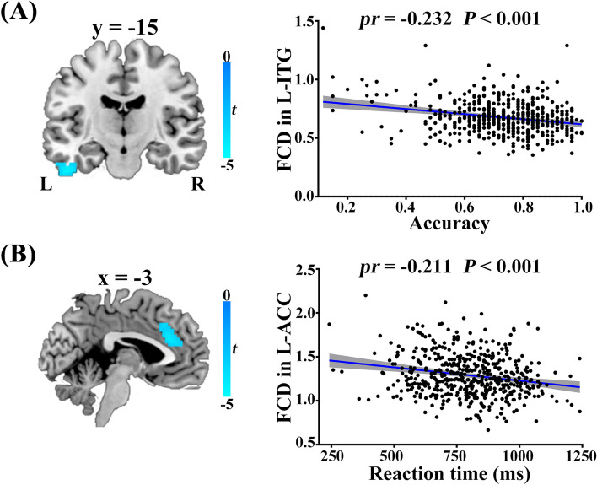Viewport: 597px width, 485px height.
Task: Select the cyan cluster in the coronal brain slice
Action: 66,167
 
